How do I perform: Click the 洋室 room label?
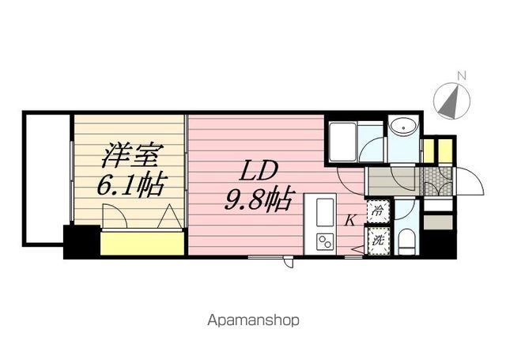(129, 156)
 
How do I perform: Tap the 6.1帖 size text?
(132, 186)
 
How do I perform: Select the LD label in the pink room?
(258, 171)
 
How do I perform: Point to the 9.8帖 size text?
(259, 199)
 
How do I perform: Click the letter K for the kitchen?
(350, 221)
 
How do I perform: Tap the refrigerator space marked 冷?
(378, 211)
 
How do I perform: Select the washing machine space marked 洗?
(378, 241)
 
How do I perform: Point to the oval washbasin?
(404, 128)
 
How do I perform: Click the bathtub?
(342, 142)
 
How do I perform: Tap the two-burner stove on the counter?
(325, 241)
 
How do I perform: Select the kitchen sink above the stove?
(325, 212)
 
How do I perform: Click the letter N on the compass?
(462, 76)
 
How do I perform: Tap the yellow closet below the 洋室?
(142, 243)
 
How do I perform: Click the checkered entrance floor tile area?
(437, 181)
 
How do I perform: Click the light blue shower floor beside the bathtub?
(370, 142)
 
